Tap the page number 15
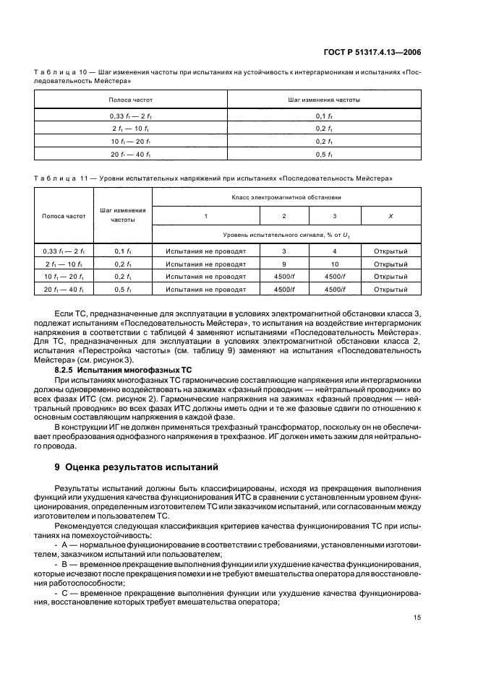(417, 617)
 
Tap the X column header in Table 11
(390, 216)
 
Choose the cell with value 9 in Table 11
(283, 264)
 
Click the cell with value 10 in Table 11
(333, 264)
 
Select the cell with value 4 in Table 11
(333, 251)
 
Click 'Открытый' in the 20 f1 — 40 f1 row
(390, 290)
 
